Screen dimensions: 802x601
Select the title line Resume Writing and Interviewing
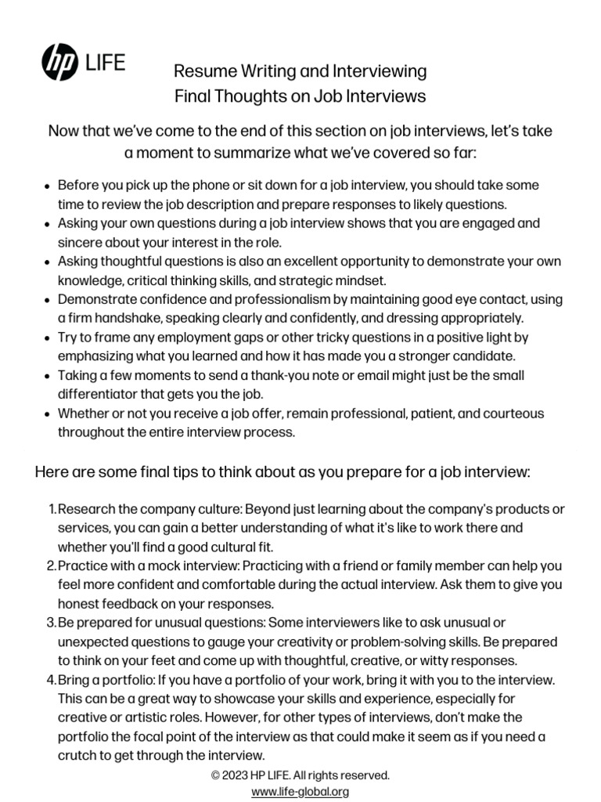[300, 72]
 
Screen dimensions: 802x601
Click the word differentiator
[96, 393]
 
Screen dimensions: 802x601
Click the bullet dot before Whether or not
[49, 414]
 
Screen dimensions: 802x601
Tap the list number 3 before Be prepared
[51, 622]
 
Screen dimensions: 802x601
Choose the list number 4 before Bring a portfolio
[51, 679]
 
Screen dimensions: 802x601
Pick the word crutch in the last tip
[77, 755]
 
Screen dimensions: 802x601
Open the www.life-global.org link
[300, 791]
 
